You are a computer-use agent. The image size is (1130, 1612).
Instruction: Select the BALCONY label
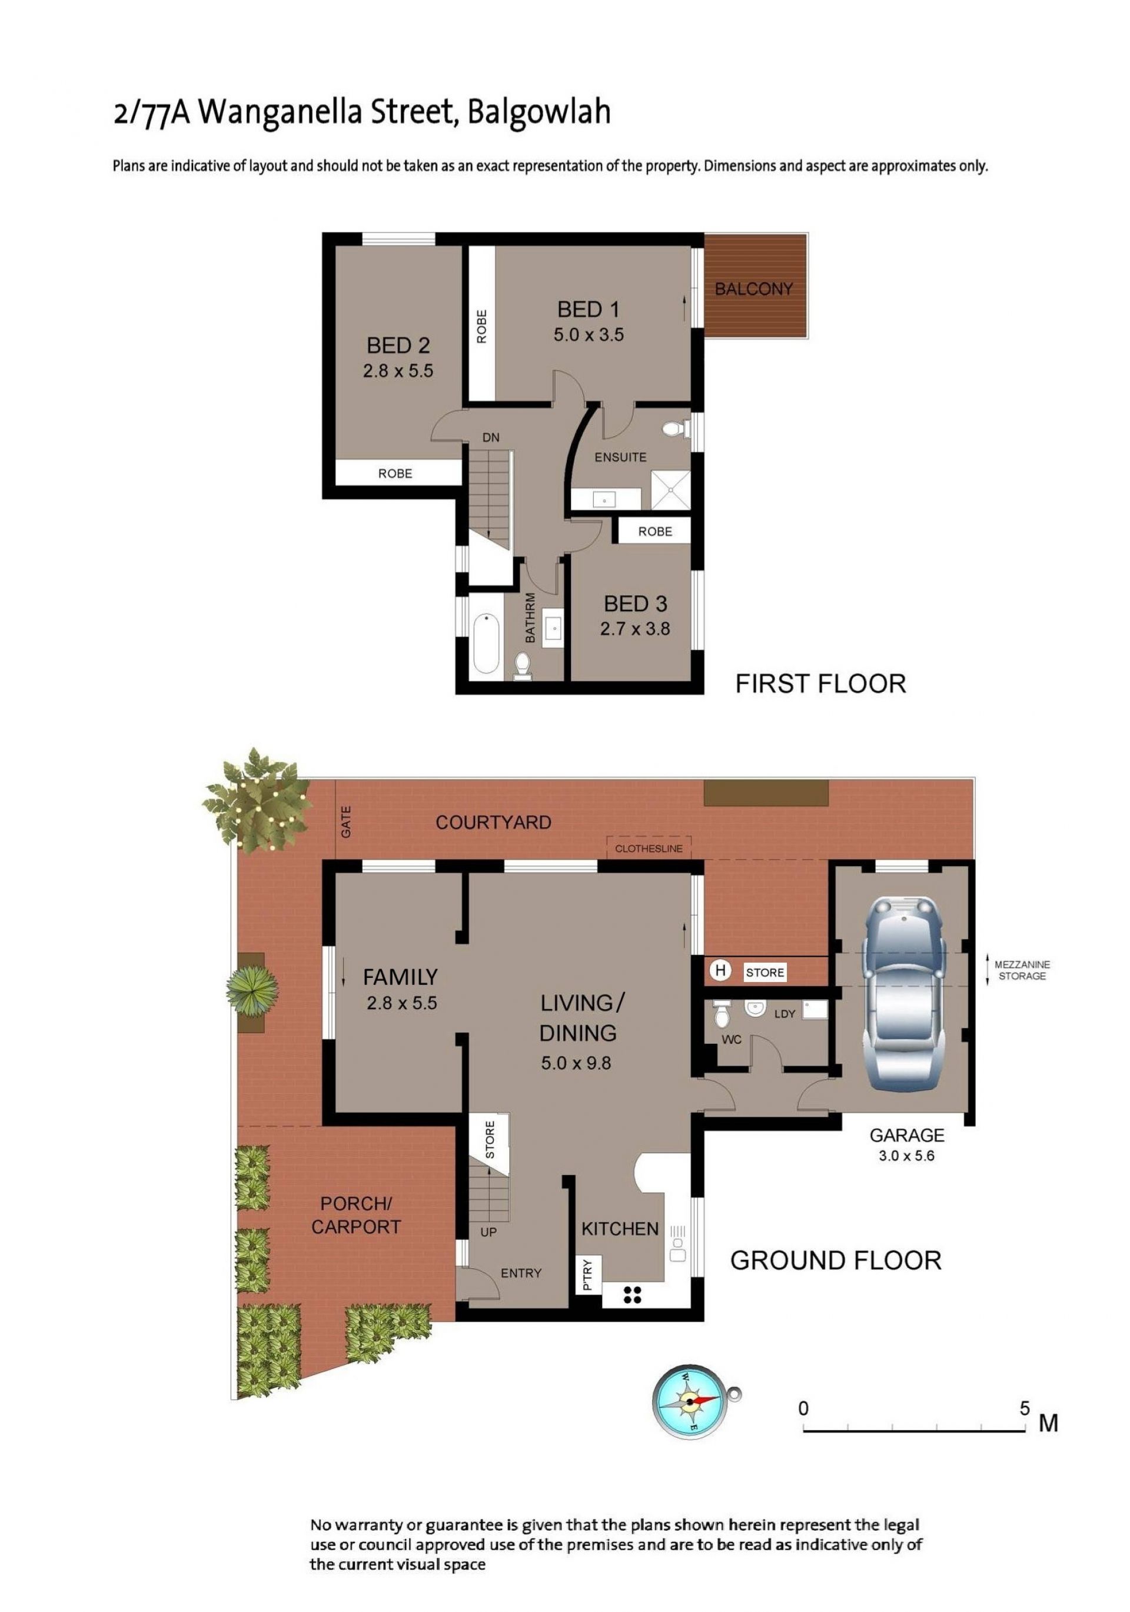tap(753, 288)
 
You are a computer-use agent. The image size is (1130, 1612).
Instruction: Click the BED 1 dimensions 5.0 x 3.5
tap(588, 335)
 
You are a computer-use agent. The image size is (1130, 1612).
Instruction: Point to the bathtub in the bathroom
tap(486, 643)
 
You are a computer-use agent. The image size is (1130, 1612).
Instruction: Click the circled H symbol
tap(719, 971)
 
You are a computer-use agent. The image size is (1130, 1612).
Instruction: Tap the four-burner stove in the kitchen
tap(632, 1295)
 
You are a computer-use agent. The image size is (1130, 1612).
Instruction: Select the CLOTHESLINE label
tap(649, 849)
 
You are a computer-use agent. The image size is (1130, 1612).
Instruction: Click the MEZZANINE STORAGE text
tap(1021, 970)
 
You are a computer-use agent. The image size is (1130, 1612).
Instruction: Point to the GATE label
tap(345, 821)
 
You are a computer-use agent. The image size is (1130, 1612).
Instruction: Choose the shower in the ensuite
tap(670, 489)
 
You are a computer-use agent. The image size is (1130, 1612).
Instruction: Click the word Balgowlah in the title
tap(539, 113)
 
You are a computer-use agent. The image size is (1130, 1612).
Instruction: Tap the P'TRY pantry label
tap(587, 1274)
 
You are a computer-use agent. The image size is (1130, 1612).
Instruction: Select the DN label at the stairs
tap(491, 437)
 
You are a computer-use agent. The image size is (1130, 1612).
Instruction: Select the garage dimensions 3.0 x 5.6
tap(906, 1155)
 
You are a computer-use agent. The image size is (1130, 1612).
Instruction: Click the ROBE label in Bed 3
tap(655, 532)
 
